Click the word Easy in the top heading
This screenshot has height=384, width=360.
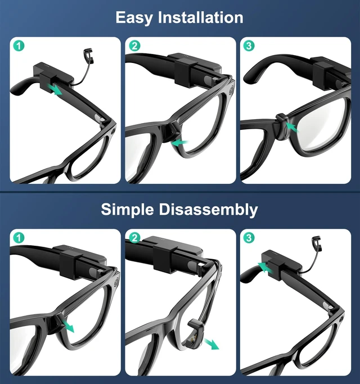coord(134,17)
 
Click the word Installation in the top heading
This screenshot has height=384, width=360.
coord(200,17)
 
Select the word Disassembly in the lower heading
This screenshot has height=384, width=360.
coord(208,210)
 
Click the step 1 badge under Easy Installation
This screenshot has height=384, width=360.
coord(19,46)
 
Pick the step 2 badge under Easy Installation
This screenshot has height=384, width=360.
coord(134,46)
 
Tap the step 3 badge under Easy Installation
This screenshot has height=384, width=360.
coord(249,46)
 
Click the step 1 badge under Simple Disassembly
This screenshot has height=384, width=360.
coord(19,238)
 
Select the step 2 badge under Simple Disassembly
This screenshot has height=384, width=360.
coord(134,238)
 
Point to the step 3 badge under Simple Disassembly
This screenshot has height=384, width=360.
coord(249,238)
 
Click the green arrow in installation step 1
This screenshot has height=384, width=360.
coord(55,89)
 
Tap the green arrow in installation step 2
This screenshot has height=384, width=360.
coord(180,143)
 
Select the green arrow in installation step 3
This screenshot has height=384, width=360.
coord(292,128)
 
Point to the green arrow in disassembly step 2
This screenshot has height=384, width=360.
coord(211,344)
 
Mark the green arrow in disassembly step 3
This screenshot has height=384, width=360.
coord(265,267)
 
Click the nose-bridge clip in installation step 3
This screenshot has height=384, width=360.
coord(283,127)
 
